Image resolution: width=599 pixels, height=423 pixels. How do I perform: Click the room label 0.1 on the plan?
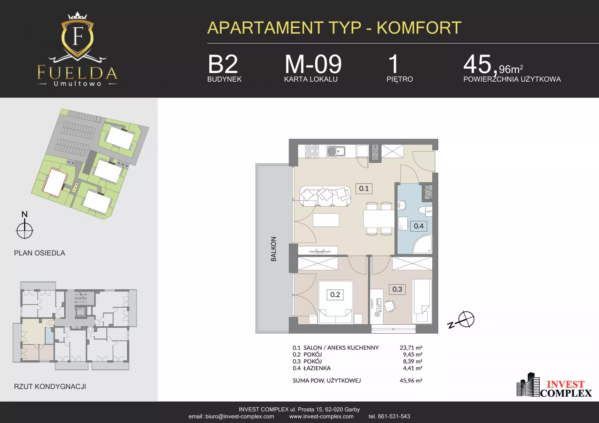(364, 189)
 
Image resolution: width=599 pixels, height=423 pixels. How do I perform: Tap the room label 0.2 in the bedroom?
(335, 295)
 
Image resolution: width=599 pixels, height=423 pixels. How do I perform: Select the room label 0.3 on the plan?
(397, 289)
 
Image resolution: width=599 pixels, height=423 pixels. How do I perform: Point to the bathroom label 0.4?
(419, 226)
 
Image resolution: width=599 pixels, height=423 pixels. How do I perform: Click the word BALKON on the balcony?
(274, 249)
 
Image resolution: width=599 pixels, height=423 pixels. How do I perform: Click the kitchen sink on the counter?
(336, 151)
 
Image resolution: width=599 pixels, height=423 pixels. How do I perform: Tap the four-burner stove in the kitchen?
(312, 151)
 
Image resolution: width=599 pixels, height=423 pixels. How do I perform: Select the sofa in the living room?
(325, 196)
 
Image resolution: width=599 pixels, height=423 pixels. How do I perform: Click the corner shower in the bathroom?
(423, 244)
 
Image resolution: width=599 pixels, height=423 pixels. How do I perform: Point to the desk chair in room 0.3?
(390, 306)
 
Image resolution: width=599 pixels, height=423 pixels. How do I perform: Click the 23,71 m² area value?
(411, 348)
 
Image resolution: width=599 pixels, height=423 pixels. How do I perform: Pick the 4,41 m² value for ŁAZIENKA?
(412, 368)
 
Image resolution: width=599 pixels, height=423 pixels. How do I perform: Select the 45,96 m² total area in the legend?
(411, 381)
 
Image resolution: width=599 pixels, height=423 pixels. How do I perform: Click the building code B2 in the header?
(223, 64)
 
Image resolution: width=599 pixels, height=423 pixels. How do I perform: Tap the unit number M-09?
(313, 64)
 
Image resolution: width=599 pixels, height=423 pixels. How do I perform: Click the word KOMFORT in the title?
(419, 28)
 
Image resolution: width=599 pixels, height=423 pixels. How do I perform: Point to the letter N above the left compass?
(25, 214)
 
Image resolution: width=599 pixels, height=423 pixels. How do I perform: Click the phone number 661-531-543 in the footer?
(394, 416)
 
